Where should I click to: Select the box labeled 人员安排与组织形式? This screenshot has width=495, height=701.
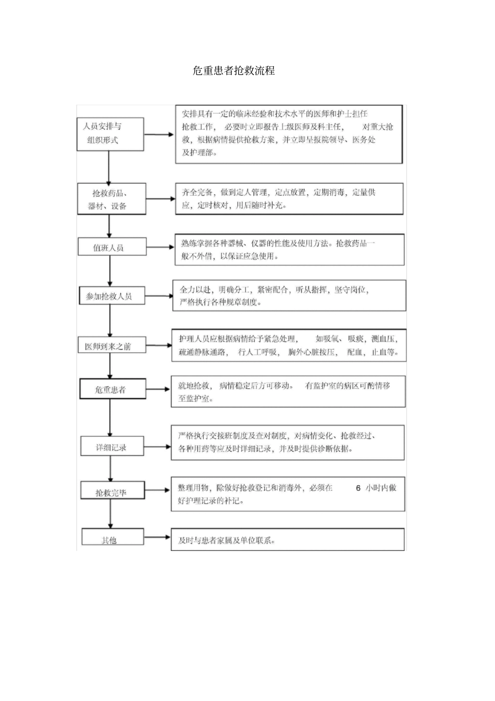pyautogui.click(x=110, y=133)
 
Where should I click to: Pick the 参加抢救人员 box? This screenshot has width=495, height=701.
pyautogui.click(x=112, y=296)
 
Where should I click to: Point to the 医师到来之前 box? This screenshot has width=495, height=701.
pyautogui.click(x=112, y=346)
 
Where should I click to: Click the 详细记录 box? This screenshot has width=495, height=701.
pyautogui.click(x=112, y=447)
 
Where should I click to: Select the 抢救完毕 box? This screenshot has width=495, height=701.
pyautogui.click(x=112, y=492)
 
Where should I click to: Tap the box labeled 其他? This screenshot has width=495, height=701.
pyautogui.click(x=112, y=539)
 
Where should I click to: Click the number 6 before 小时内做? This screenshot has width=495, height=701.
pyautogui.click(x=358, y=488)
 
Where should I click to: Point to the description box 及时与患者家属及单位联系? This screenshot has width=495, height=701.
pyautogui.click(x=288, y=540)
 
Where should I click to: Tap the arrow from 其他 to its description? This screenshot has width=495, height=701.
pyautogui.click(x=157, y=536)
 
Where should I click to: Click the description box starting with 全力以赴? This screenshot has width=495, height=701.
pyautogui.click(x=289, y=296)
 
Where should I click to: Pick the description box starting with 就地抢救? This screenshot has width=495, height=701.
pyautogui.click(x=288, y=392)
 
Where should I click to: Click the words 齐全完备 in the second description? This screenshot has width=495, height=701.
pyautogui.click(x=197, y=192)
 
